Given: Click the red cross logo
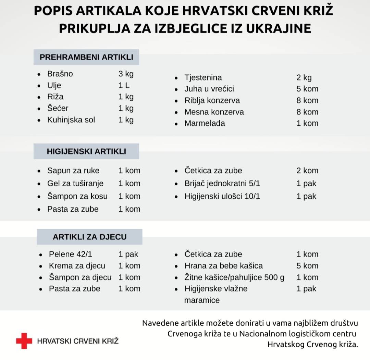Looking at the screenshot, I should [24, 341].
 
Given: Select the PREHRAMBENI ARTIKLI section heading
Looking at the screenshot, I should [86, 57].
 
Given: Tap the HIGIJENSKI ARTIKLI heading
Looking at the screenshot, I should [86, 151].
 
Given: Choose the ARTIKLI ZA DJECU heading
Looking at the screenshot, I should [89, 237].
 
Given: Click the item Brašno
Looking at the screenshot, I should [60, 74].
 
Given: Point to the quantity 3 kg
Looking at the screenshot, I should [126, 74].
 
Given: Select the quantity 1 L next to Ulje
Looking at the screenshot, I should [124, 85].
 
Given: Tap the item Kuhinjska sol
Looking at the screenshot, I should [71, 120].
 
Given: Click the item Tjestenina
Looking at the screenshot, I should [203, 77].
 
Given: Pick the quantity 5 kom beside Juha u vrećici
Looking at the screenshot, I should [307, 89].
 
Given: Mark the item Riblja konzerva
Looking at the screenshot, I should [212, 101].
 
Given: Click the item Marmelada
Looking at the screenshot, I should [205, 123].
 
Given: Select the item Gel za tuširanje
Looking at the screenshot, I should [75, 184].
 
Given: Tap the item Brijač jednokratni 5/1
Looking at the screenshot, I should [222, 184].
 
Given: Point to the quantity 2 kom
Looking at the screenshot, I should [307, 171].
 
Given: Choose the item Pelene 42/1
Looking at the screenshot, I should [70, 254].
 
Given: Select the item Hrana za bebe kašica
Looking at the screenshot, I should [223, 266].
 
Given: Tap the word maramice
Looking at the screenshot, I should [202, 300].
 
